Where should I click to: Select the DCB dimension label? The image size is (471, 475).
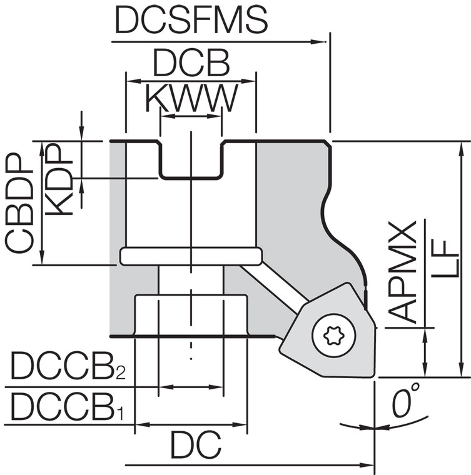click(x=191, y=64)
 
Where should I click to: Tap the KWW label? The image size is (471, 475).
click(x=191, y=98)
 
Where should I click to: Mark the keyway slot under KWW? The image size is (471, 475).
click(x=191, y=159)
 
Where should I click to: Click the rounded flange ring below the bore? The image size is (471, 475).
click(x=191, y=256)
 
